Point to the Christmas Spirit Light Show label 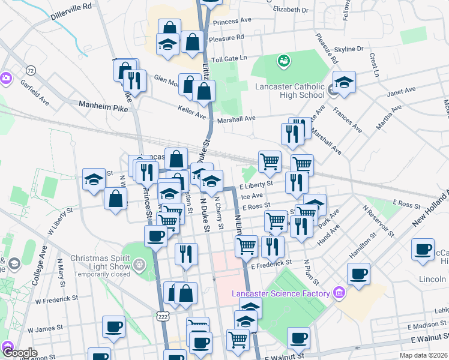click(101, 262)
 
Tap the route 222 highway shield click(162, 316)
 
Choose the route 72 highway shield click(31, 70)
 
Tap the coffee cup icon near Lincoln click(423, 249)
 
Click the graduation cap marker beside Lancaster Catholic click(345, 82)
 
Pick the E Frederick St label click(271, 263)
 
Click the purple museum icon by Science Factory click(339, 293)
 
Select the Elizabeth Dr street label click(290, 10)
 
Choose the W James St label click(44, 328)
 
